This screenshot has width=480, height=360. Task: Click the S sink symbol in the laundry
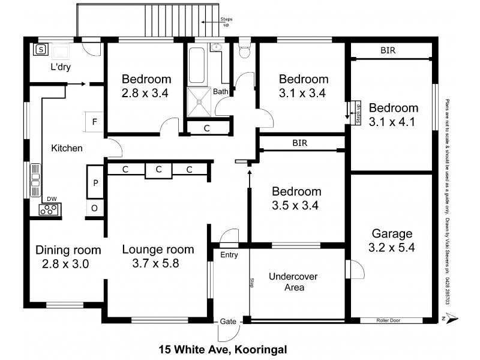(41, 50)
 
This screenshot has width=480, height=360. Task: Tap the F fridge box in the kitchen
(94, 122)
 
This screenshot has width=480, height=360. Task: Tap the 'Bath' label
(220, 92)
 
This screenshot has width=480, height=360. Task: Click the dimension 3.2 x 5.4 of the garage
(392, 247)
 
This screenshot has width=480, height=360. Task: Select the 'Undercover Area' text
(293, 282)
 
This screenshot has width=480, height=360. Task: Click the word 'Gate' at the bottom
(228, 321)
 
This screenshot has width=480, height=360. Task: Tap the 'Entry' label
(229, 255)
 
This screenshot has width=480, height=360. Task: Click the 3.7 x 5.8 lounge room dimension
(158, 263)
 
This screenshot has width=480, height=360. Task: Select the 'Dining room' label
(68, 250)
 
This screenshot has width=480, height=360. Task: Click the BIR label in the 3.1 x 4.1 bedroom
(388, 52)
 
